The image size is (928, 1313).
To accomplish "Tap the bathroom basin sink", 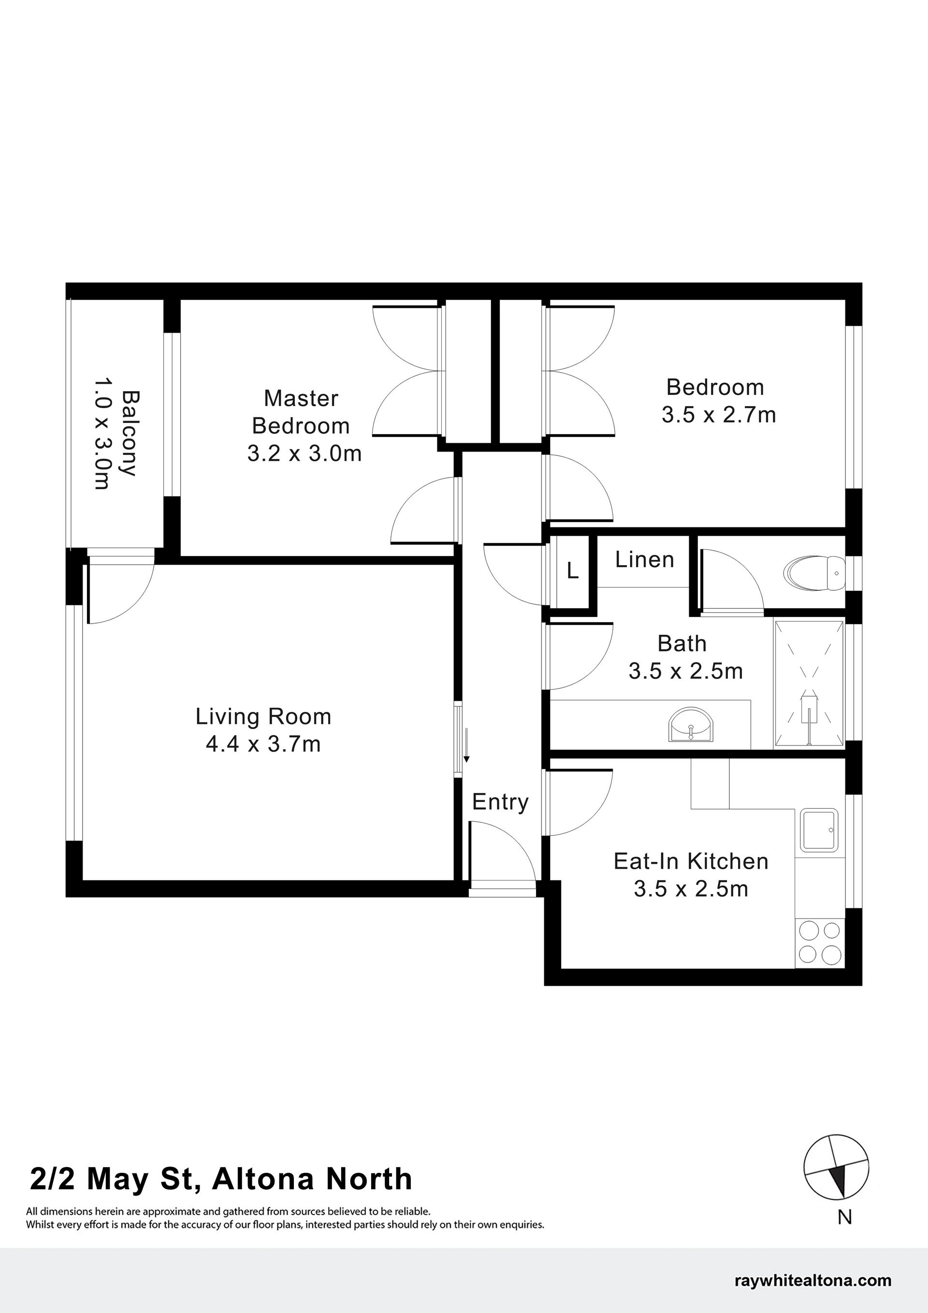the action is pos(691,726).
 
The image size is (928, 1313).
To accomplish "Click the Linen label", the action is pos(644,559).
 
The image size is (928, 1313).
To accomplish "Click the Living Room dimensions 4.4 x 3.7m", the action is pos(263,744).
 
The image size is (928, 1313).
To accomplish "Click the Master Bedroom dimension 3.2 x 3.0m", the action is pos(304,453).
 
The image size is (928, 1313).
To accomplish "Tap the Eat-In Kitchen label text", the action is pos(691,861).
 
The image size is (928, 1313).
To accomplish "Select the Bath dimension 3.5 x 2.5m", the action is pos(685,671).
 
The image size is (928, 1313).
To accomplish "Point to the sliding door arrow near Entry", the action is pos(466,745).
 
